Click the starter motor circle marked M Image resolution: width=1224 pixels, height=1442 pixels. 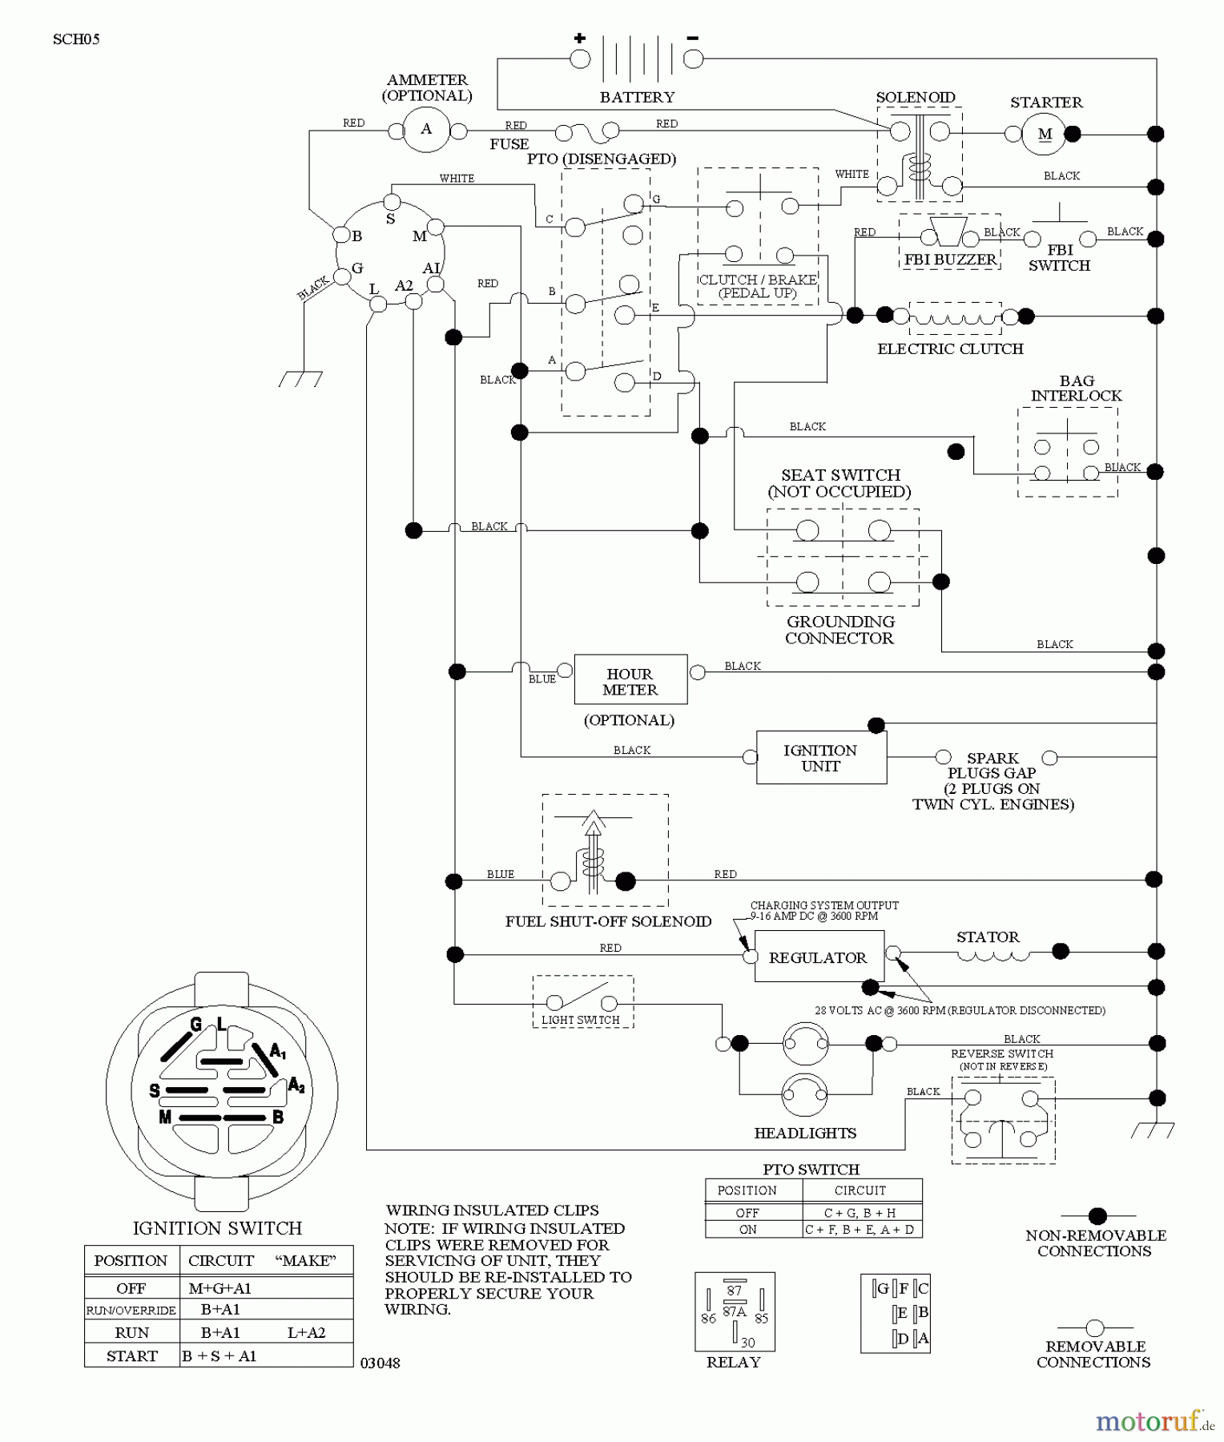1045,134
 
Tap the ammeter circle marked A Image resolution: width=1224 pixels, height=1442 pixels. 426,129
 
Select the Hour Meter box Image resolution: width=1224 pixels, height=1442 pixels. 630,680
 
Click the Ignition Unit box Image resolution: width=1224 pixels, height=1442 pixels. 821,757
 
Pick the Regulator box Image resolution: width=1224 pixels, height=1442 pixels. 818,957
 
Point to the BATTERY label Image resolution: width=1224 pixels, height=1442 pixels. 637,97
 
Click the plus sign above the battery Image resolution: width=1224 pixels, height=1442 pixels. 580,38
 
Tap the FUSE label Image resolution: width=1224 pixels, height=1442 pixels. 509,144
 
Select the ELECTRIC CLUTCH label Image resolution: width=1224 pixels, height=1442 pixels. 950,348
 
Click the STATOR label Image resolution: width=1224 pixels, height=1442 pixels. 988,936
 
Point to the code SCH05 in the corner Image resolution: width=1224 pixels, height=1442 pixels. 76,39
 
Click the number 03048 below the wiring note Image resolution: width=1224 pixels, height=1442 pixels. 380,1363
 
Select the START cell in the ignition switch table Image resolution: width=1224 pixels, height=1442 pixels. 132,1355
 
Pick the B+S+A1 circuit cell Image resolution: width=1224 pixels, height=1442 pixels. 219,1355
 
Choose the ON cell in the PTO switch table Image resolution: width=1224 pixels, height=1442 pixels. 747,1230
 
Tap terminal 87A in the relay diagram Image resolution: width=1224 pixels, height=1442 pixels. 735,1311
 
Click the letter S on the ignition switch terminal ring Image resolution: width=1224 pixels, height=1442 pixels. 390,219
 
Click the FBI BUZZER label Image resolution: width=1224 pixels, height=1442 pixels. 950,260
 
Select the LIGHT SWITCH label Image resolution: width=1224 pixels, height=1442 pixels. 581,1020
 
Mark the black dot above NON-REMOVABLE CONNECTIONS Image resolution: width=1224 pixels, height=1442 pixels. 1097,1215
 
